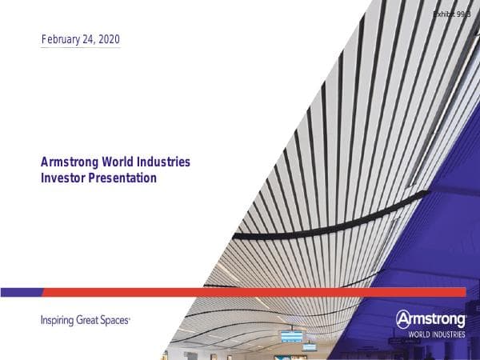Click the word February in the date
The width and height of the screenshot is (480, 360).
60,39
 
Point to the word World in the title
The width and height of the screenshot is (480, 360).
116,162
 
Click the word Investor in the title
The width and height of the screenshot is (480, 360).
62,178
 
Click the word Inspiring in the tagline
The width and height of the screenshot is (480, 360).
57,320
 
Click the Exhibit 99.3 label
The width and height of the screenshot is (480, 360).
450,15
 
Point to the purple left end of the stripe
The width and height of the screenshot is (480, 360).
20,292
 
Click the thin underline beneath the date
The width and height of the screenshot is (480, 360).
80,48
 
